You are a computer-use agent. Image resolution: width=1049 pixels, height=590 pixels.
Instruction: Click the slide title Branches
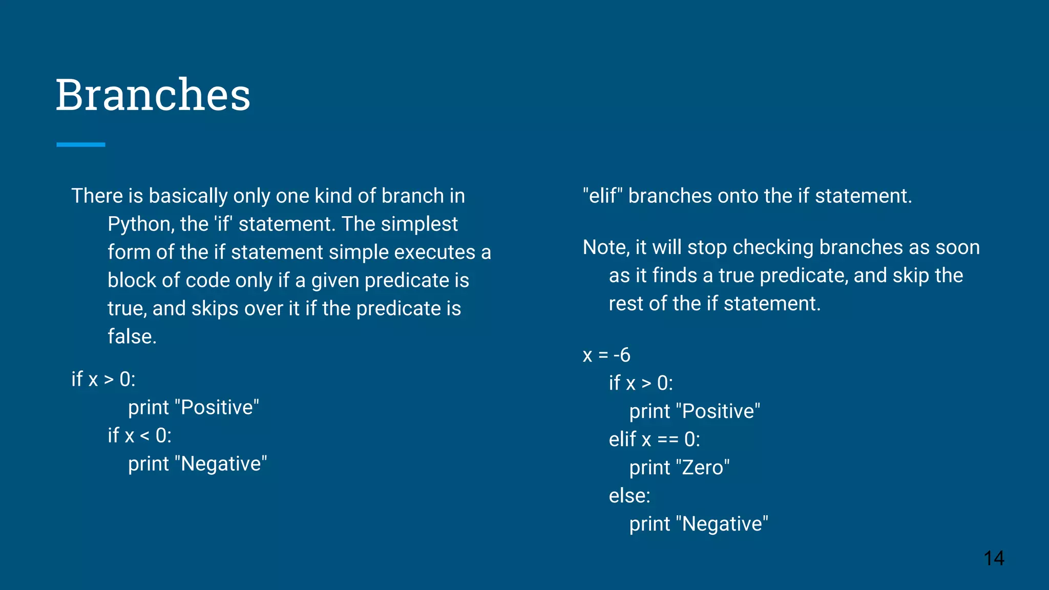click(x=153, y=95)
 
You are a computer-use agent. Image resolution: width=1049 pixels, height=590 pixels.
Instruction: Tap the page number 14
click(x=994, y=558)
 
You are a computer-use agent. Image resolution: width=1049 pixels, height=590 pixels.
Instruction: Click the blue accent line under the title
click(x=81, y=145)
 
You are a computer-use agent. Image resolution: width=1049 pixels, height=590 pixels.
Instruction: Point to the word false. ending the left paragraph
click(x=132, y=336)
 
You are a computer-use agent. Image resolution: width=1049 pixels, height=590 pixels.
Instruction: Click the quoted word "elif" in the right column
click(x=602, y=196)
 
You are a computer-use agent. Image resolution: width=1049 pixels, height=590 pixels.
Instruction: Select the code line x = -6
click(x=606, y=355)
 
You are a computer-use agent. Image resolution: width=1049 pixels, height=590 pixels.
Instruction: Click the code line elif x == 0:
click(x=654, y=439)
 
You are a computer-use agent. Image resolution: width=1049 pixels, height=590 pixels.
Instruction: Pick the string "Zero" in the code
click(x=703, y=468)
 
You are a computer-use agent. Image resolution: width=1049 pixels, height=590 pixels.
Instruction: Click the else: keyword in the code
click(x=630, y=496)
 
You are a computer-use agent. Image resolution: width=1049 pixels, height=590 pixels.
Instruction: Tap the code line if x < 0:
click(x=139, y=436)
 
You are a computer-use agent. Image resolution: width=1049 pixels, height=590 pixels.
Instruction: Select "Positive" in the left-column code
click(x=217, y=408)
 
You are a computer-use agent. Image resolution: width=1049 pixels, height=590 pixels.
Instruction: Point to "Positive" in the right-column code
click(x=718, y=411)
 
